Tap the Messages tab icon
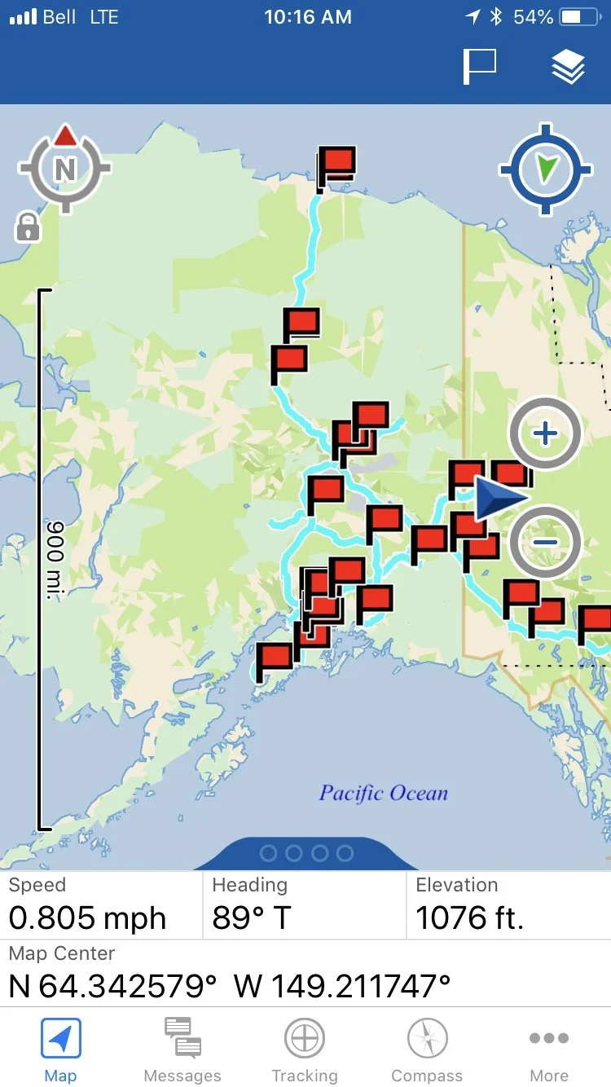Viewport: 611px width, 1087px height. coord(182,1039)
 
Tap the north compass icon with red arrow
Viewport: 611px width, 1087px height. coord(64,167)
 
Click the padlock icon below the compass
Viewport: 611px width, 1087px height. coord(28,227)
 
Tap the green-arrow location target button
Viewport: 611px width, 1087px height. coord(546,169)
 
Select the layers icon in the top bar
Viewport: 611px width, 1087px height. coord(568,67)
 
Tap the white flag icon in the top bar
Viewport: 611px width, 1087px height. coord(480,67)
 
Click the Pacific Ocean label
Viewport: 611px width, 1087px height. coord(384,793)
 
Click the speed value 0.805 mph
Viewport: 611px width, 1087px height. coord(87,918)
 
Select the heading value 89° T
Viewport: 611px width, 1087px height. coord(252,918)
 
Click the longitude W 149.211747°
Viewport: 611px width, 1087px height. coord(342,985)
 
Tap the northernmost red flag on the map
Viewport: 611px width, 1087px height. coord(336,164)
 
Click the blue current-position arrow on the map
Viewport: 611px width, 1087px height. coord(498,498)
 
